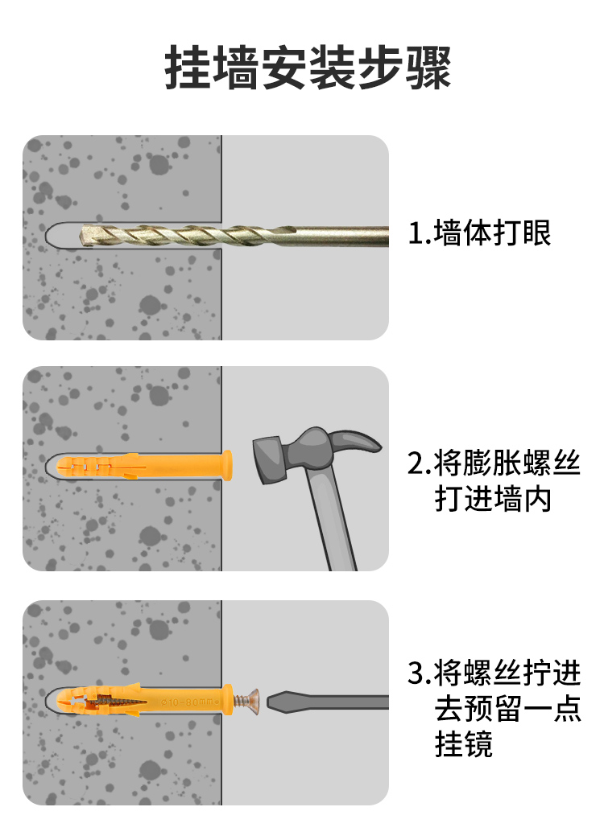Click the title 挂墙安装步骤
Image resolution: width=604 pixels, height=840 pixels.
click(x=308, y=68)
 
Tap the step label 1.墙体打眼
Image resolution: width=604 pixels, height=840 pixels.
click(x=479, y=233)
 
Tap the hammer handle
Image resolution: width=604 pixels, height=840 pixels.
click(x=331, y=522)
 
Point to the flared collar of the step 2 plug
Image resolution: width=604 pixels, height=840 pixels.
click(x=227, y=465)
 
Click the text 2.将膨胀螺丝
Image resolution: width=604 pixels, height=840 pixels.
click(x=494, y=463)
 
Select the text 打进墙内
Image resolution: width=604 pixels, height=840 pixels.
click(x=493, y=499)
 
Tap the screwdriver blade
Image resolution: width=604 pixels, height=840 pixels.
click(x=328, y=702)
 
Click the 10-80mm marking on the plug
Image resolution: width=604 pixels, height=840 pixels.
click(x=189, y=702)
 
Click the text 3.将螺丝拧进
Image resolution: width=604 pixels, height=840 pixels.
click(x=494, y=673)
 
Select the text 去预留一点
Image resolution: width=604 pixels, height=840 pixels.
click(x=507, y=709)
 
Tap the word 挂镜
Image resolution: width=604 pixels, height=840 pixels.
click(x=463, y=744)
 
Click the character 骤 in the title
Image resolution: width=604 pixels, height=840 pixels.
click(x=428, y=68)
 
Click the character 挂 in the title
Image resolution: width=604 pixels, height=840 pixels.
click(x=187, y=68)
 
